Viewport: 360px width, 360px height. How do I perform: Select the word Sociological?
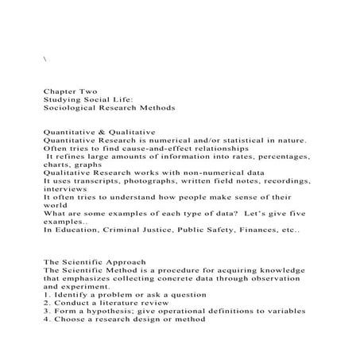click(x=73, y=106)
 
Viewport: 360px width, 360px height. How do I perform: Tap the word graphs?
click(x=91, y=163)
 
